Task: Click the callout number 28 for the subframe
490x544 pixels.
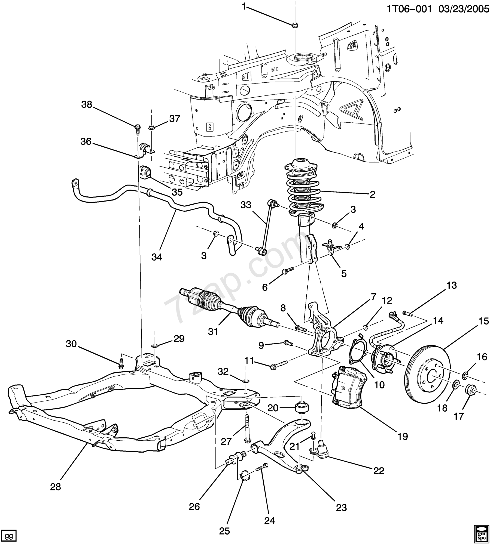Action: click(x=55, y=487)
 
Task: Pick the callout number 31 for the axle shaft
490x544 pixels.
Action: click(x=213, y=332)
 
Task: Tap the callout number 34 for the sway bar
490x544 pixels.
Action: click(x=157, y=257)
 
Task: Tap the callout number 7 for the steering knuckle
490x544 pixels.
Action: click(x=373, y=296)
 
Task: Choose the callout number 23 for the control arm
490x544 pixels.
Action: click(x=341, y=508)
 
